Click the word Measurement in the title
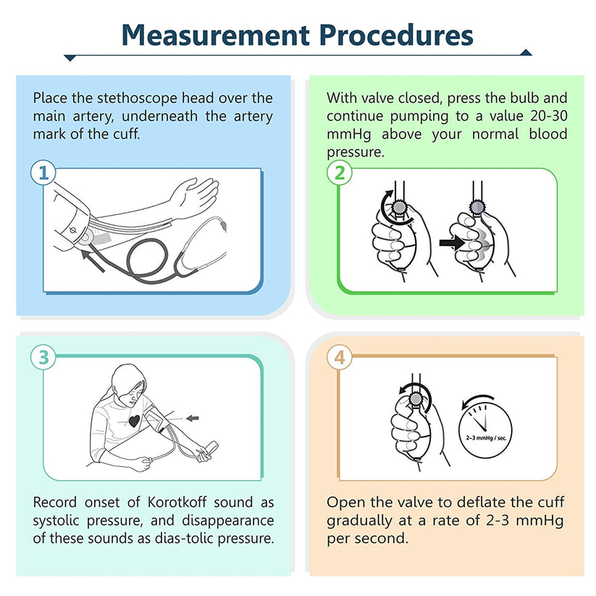click(x=213, y=34)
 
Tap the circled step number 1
click(x=43, y=173)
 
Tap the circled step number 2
click(x=337, y=173)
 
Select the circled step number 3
click(x=43, y=357)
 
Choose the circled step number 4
click(x=337, y=357)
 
